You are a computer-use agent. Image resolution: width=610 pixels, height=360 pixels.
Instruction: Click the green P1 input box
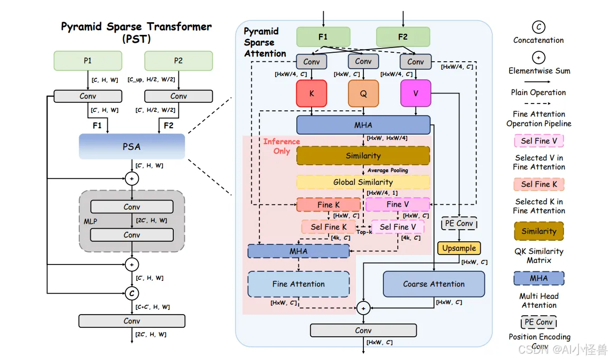click(x=88, y=61)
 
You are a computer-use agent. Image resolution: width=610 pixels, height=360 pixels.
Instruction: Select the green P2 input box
click(x=179, y=61)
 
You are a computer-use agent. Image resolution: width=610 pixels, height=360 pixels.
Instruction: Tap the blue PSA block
click(x=132, y=147)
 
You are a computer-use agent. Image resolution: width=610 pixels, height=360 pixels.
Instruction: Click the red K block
click(x=312, y=93)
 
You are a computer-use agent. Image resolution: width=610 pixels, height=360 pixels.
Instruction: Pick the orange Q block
click(x=363, y=93)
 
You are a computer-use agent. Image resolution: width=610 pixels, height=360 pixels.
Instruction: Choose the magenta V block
click(x=416, y=93)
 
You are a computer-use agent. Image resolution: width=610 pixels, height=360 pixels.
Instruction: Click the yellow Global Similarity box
click(x=363, y=182)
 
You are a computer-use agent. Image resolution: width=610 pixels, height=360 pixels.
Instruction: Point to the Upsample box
click(x=459, y=248)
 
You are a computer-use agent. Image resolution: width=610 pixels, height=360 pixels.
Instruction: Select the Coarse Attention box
click(x=434, y=284)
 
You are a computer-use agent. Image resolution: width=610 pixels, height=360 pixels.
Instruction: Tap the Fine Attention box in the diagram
click(x=298, y=284)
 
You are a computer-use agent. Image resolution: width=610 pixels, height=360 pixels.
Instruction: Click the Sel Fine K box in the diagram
click(x=329, y=227)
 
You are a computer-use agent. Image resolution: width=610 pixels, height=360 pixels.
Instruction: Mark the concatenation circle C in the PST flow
click(x=132, y=293)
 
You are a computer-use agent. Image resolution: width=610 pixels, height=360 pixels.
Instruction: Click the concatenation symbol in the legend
click(x=538, y=27)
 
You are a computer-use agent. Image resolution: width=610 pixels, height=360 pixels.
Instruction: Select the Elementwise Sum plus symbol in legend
click(x=538, y=58)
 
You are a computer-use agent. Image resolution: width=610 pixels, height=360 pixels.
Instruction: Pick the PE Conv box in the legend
click(x=538, y=323)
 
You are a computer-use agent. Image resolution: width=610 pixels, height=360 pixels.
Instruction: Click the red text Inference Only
click(x=281, y=146)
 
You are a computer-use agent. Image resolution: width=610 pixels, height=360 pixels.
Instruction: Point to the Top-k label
click(x=364, y=232)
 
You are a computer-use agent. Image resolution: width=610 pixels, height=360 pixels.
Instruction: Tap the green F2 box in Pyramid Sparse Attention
click(x=403, y=37)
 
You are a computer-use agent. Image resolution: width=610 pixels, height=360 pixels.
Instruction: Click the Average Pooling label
click(x=388, y=170)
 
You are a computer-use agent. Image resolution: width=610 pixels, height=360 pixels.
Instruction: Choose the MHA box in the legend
click(x=539, y=278)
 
